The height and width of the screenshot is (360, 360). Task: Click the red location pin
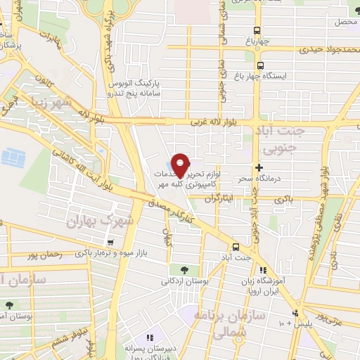click(181, 165)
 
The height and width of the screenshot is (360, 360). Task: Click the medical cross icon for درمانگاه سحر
click(259, 167)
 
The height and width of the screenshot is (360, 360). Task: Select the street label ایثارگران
click(218, 199)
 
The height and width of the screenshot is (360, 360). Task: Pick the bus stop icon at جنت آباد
click(236, 247)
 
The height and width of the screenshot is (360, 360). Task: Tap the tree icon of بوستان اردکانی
click(184, 269)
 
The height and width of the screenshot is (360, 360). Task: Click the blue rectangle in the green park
click(11, 155)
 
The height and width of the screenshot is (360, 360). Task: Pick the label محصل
click(347, 22)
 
